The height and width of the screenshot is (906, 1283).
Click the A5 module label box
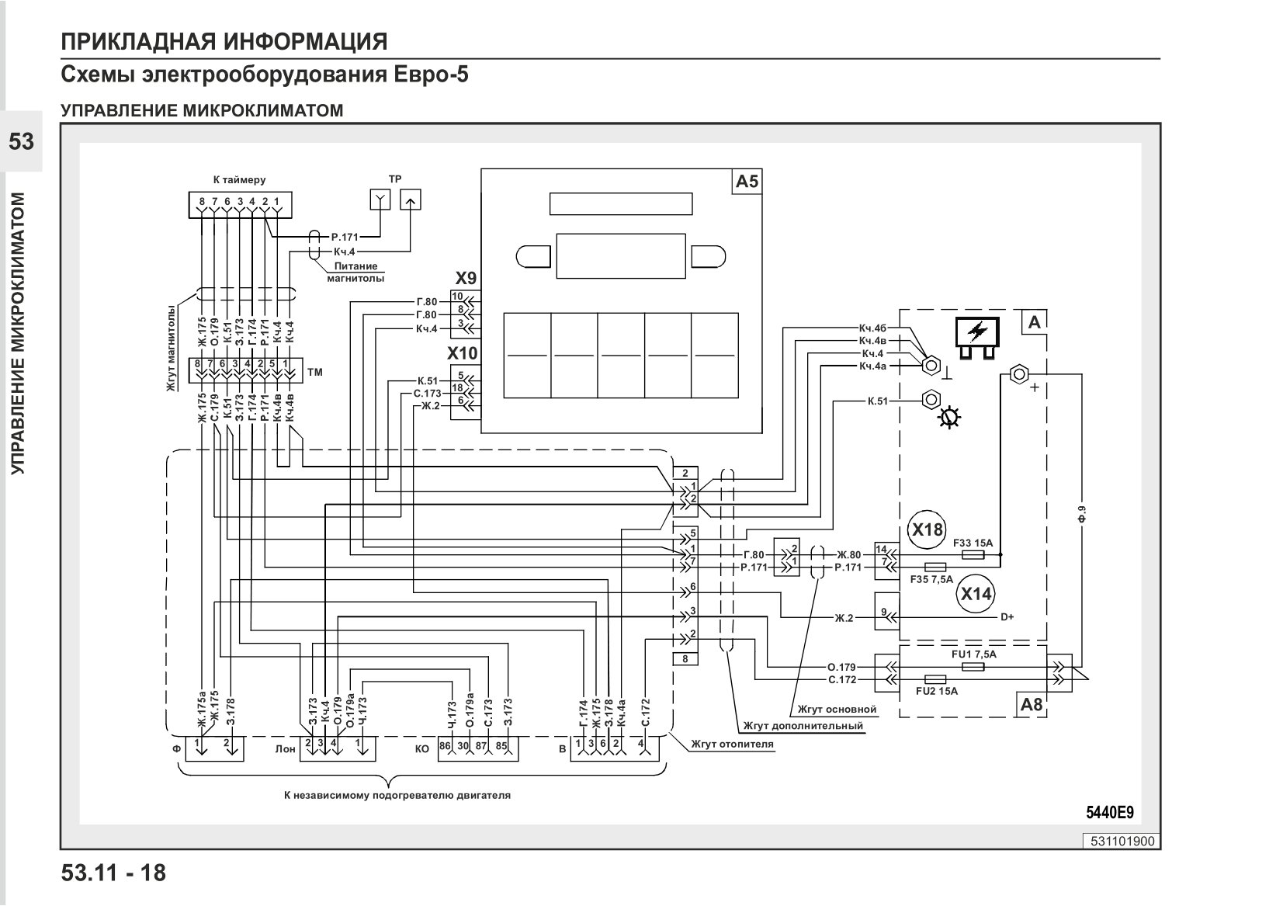click(747, 182)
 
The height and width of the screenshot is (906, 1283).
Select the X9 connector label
click(466, 279)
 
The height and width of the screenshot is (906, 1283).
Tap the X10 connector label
click(463, 353)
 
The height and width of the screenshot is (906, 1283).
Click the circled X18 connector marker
click(927, 529)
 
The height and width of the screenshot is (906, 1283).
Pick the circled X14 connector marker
click(976, 594)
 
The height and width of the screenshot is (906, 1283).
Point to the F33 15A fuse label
click(973, 543)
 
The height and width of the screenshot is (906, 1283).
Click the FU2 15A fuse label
click(937, 691)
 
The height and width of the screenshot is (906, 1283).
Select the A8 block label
click(1031, 704)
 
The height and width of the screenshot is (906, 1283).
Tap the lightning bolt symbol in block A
click(977, 332)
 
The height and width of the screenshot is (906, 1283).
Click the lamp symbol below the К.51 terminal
click(949, 417)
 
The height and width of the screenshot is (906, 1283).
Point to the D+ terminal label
click(1007, 617)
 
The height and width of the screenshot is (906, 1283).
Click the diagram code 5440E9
click(1109, 813)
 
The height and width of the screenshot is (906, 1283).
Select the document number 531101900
click(1122, 842)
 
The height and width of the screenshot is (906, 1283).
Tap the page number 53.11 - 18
click(113, 873)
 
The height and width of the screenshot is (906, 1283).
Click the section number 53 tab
click(21, 141)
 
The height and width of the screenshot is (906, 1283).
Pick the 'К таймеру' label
click(239, 180)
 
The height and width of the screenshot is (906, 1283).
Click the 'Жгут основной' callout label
click(837, 710)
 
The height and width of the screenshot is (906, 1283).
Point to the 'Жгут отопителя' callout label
click(732, 745)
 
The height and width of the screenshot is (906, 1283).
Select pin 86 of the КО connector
click(445, 746)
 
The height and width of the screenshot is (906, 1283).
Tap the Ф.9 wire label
click(1081, 515)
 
